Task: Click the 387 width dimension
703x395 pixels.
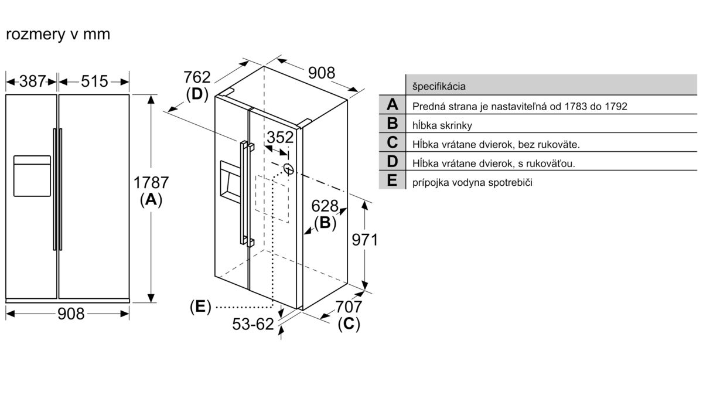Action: coord(33,81)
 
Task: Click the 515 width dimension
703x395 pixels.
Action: coord(94,81)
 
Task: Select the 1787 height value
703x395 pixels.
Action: coord(151,183)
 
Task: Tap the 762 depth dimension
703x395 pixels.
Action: coord(197,77)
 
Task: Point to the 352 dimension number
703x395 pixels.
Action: coord(280,137)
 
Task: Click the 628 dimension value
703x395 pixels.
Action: coord(325,206)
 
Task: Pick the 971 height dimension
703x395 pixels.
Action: coord(364,240)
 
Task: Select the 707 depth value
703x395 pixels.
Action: coord(349,307)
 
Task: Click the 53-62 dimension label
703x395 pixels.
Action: coord(253,324)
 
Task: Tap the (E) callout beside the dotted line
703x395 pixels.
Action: coord(200,307)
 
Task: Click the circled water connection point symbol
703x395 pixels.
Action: coord(289,169)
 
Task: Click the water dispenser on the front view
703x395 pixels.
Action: coord(32,176)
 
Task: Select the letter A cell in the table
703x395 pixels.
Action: coord(393,104)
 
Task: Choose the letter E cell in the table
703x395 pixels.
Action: coord(393,181)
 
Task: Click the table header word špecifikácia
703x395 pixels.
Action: coord(439,86)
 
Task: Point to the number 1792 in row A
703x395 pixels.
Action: coord(616,107)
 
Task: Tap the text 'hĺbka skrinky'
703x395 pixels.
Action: coord(442,125)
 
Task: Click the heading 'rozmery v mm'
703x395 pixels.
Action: coord(58,34)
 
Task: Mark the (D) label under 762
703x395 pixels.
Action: coord(197,94)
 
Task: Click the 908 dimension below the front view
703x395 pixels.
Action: coord(71,314)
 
